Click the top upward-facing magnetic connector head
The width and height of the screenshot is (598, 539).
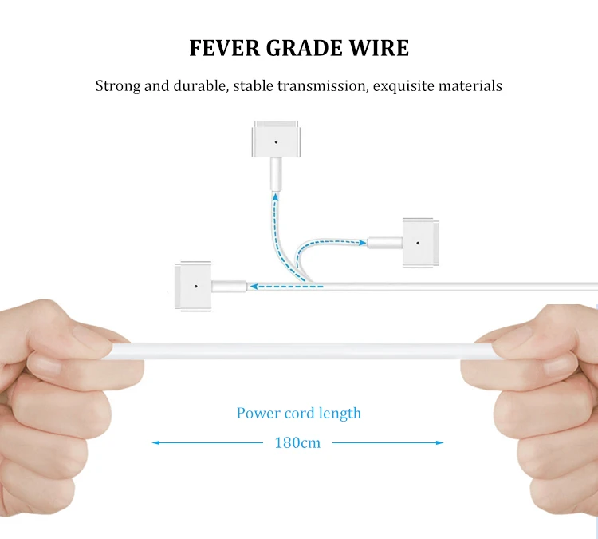(x=276, y=141)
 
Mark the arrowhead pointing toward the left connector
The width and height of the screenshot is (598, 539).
(x=252, y=285)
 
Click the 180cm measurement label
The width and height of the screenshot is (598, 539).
(x=297, y=442)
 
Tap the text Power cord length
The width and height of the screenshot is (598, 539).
(x=298, y=414)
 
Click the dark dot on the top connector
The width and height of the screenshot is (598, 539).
(x=276, y=142)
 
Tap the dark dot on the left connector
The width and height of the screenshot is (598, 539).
(x=194, y=285)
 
